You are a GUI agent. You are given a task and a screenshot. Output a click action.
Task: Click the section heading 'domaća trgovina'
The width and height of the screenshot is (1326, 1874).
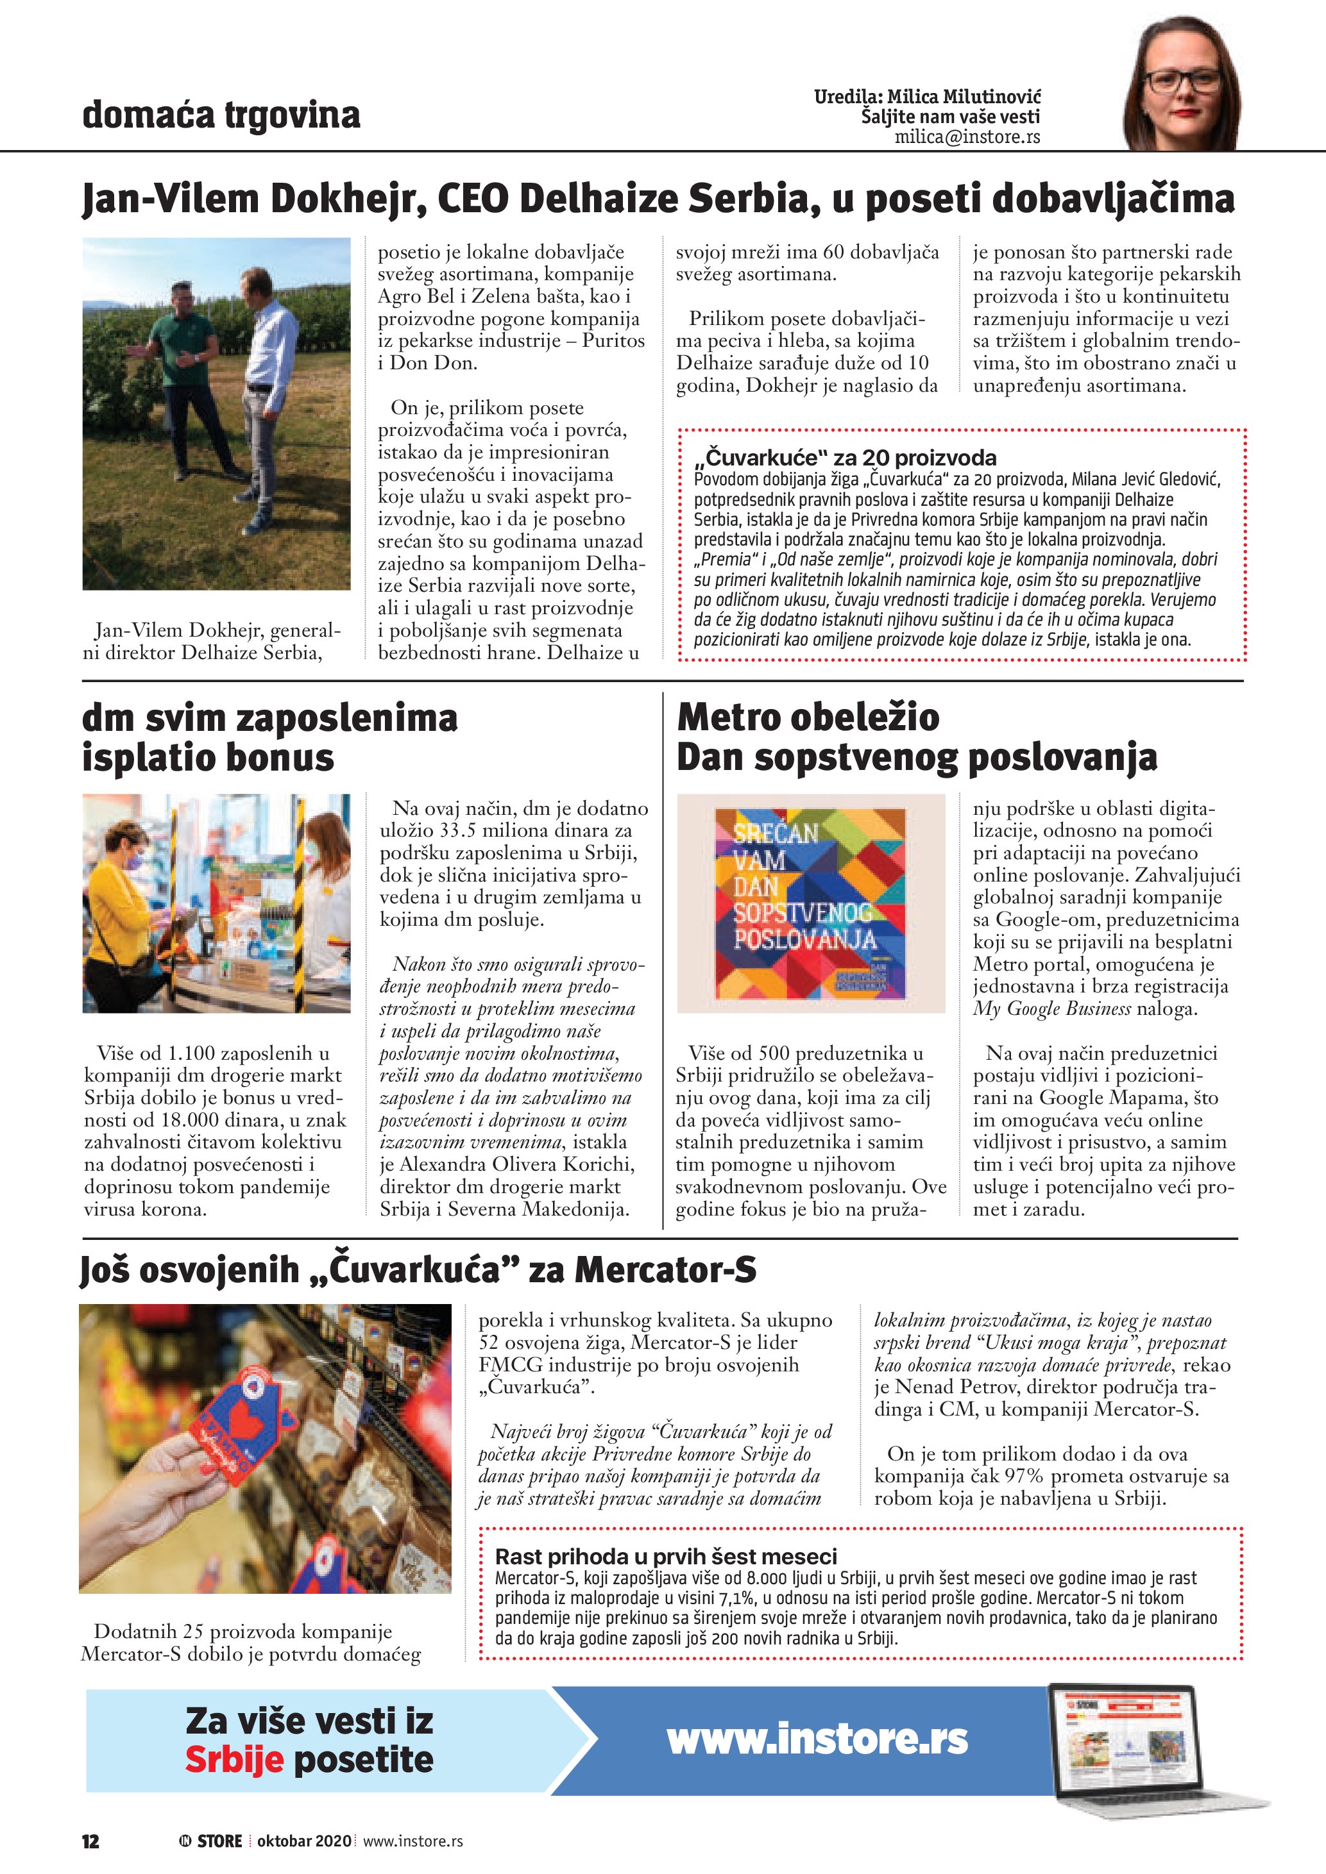(x=221, y=115)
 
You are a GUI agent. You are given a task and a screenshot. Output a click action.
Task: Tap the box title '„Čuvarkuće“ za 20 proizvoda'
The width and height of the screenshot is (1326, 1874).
(x=844, y=457)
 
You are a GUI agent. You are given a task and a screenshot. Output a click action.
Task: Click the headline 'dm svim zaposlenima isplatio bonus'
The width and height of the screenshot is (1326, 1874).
(x=269, y=737)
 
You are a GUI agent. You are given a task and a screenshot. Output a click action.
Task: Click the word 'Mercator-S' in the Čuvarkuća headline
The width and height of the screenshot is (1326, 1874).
(x=665, y=1270)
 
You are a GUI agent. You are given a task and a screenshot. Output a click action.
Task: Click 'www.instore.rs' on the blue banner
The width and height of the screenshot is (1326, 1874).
(x=817, y=1739)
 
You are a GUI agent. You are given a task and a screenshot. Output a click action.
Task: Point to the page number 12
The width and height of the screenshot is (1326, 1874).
(x=90, y=1841)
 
